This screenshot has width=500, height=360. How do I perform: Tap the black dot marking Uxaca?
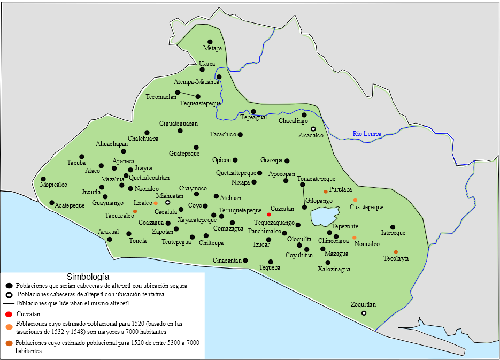(202, 70)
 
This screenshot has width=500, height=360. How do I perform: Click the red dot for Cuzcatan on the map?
(269, 215)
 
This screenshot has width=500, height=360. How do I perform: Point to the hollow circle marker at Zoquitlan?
(364, 313)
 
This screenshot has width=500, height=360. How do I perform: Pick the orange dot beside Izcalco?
(156, 203)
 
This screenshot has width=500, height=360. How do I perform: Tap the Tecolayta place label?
(396, 258)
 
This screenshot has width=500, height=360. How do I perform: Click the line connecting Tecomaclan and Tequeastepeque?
(188, 95)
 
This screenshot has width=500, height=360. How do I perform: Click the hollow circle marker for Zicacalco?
(313, 129)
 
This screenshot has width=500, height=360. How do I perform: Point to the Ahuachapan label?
(112, 144)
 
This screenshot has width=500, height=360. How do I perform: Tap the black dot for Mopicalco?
(43, 179)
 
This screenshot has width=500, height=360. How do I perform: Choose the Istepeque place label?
(393, 233)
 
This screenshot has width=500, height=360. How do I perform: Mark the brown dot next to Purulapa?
(325, 192)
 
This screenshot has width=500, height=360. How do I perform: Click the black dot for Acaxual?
(110, 239)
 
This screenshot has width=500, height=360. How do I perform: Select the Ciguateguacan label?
(179, 124)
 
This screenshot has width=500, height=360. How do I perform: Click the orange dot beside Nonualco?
(354, 238)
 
